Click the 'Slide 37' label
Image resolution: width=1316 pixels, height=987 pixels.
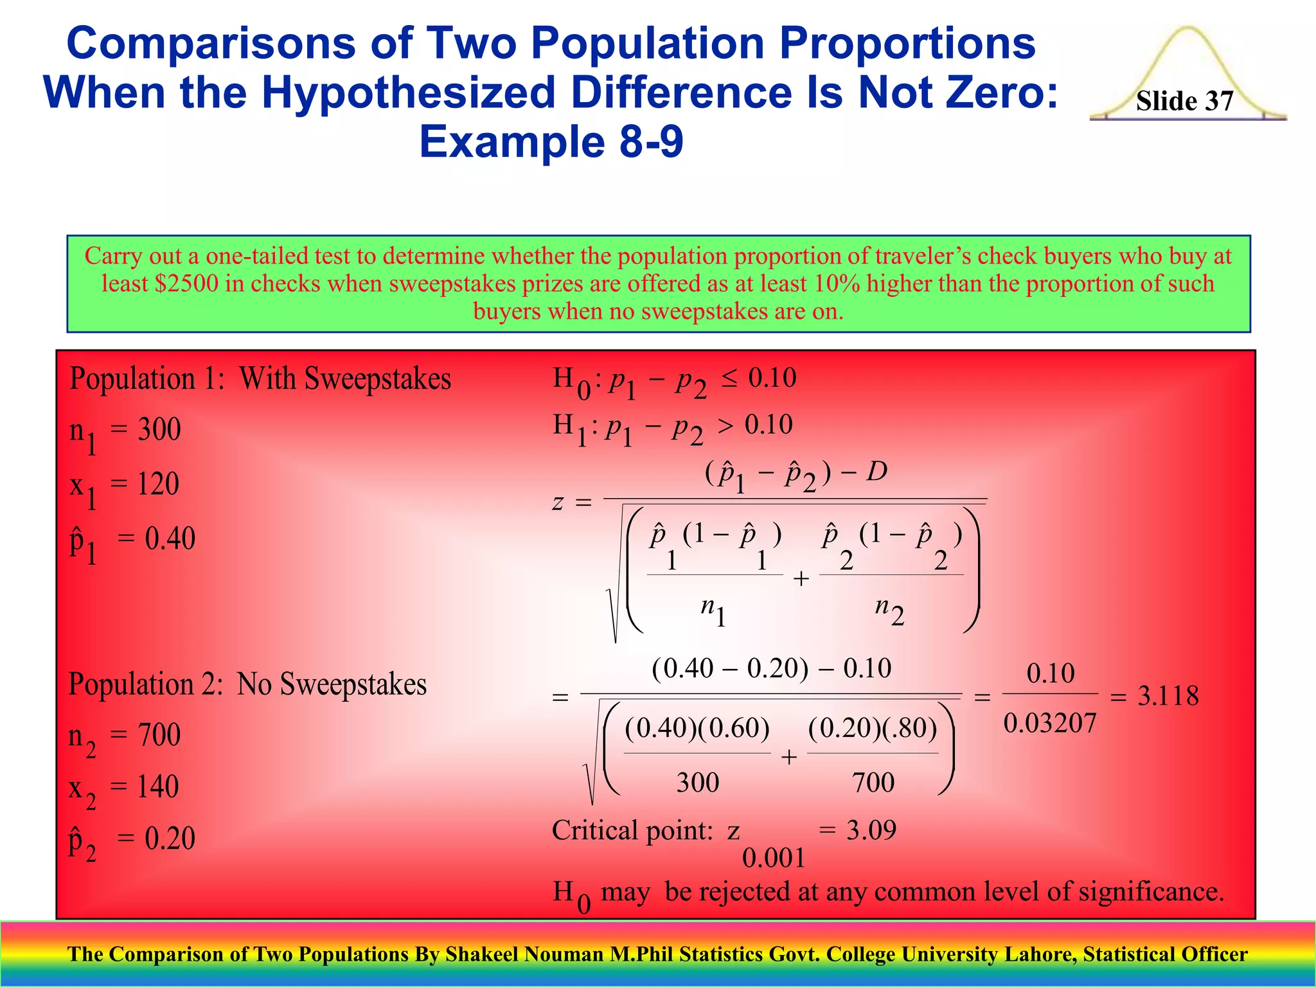(1184, 101)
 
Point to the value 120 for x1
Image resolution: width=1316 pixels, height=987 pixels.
(158, 483)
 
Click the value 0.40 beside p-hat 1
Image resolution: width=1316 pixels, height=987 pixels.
(170, 538)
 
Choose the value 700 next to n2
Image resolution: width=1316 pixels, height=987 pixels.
(159, 734)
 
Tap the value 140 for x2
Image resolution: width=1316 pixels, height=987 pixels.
(158, 787)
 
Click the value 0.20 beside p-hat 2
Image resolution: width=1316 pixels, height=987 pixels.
(170, 839)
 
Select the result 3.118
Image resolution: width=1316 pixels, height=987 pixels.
(1168, 696)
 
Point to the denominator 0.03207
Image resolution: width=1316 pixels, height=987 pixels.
(1050, 724)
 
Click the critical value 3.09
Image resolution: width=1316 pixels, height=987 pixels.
(871, 830)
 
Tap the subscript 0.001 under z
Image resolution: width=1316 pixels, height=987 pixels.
(774, 858)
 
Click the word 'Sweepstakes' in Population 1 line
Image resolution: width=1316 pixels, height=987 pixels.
(377, 378)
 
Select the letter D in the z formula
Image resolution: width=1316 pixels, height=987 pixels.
(876, 472)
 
